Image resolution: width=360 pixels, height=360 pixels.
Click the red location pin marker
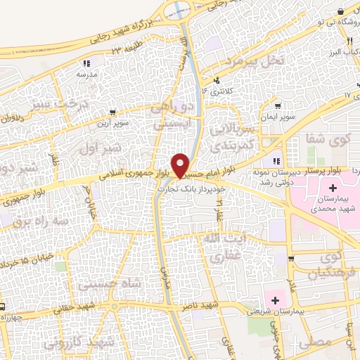click(x=181, y=165)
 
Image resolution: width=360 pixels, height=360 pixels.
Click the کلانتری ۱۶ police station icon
click(x=218, y=80)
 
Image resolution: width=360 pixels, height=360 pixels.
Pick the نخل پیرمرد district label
click(x=261, y=62)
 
